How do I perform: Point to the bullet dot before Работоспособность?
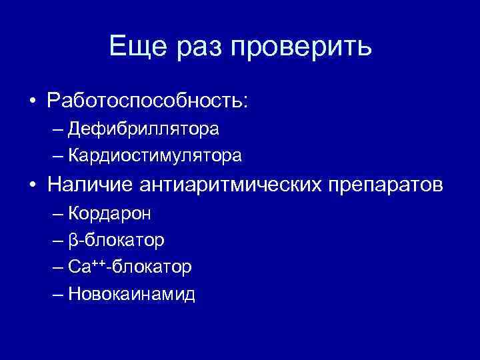[32, 101]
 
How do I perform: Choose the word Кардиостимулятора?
[155, 156]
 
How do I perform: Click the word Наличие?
[89, 185]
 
